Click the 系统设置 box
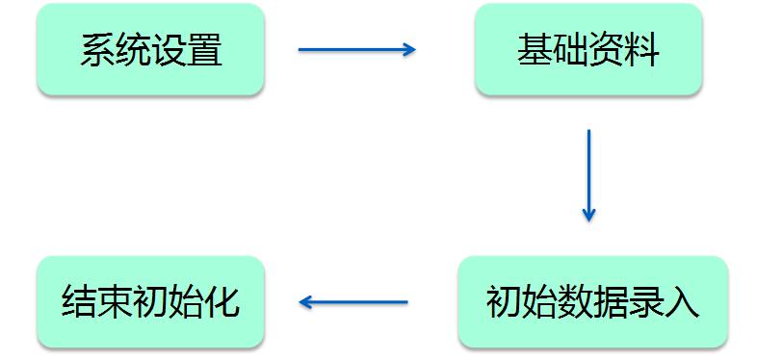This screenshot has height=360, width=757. pyautogui.click(x=150, y=49)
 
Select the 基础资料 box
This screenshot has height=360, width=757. pyautogui.click(x=587, y=49)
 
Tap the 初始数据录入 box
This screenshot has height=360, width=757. pyautogui.click(x=592, y=302)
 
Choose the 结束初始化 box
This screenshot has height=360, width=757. pyautogui.click(x=150, y=302)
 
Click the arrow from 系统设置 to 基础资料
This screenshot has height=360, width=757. pyautogui.click(x=356, y=49)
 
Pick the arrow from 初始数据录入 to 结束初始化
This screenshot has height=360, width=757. pyautogui.click(x=353, y=302)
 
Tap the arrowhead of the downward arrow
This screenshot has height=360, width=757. pyautogui.click(x=588, y=215)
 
